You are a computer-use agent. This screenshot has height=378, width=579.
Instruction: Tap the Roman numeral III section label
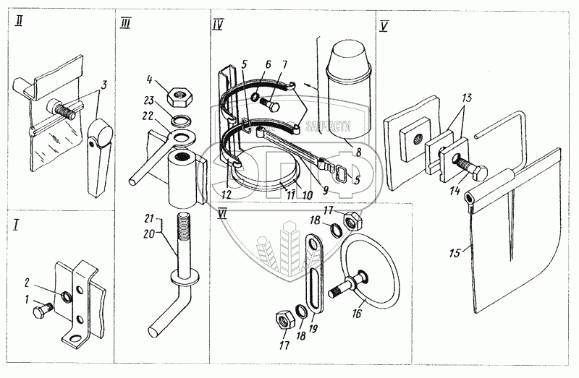[125, 24]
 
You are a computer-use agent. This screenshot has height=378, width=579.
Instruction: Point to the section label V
[384, 28]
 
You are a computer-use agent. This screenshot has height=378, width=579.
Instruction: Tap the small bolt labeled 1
[39, 312]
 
